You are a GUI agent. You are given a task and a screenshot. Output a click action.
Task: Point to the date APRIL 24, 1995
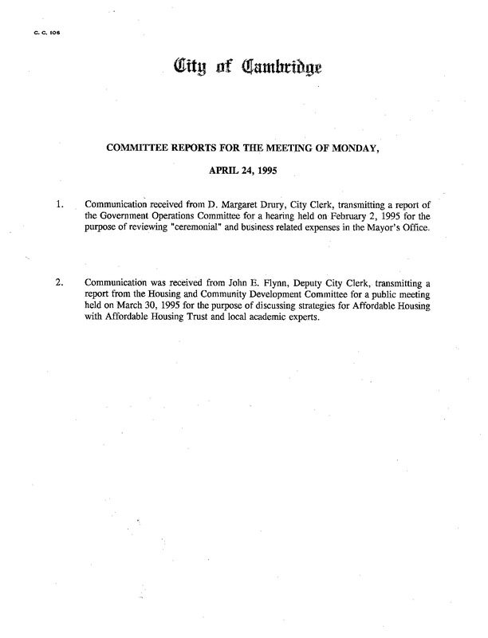coord(244,169)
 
